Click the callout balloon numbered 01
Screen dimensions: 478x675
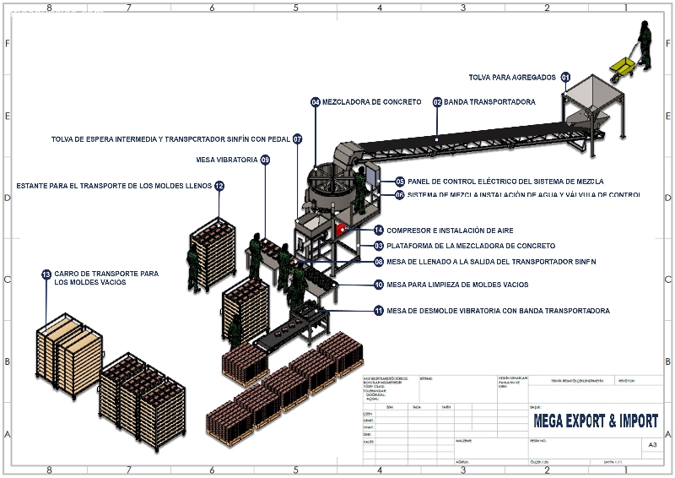(565, 77)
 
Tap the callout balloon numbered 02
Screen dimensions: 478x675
(437, 102)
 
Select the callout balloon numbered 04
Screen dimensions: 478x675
(316, 102)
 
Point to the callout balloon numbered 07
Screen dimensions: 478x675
(298, 139)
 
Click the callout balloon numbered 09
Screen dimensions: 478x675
(265, 160)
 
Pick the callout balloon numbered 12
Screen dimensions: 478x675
(219, 186)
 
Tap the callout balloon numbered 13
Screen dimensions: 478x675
(46, 274)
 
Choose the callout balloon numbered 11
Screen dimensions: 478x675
(379, 311)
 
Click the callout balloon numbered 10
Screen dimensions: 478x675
(379, 285)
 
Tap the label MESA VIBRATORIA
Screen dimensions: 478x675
(225, 160)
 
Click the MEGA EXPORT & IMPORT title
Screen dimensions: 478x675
(595, 421)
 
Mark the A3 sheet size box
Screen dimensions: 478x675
(651, 444)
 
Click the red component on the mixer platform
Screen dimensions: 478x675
(341, 228)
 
